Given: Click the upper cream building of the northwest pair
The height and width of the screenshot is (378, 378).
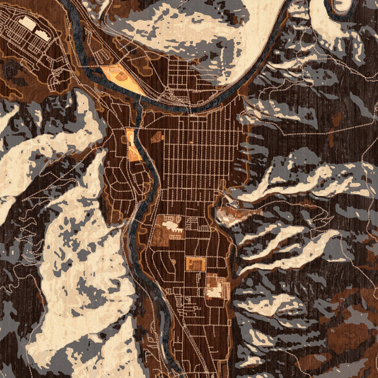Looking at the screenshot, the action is point(26,23).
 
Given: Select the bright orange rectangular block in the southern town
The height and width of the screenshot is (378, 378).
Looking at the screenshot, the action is point(195,264).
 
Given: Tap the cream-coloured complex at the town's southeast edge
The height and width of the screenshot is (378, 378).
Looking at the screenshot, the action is point(216,289).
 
